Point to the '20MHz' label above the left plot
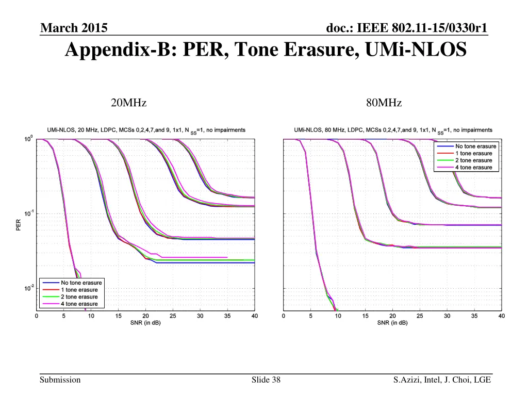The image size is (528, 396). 129,103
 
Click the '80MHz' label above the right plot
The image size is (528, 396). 384,103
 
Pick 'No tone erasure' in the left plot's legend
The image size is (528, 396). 81,283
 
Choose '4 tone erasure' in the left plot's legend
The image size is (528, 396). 79,304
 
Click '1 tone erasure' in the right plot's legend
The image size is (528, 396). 473,153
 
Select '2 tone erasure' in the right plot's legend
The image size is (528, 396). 473,160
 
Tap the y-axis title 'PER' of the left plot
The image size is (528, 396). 19,224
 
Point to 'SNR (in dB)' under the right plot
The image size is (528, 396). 392,323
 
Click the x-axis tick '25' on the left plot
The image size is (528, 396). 172,316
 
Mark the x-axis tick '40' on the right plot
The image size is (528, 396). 501,316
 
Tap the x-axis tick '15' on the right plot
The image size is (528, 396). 365,316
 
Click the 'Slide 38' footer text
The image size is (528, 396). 266,380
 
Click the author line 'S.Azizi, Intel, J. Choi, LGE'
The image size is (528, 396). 441,380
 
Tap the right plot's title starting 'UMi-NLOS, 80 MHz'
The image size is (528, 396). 393,130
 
